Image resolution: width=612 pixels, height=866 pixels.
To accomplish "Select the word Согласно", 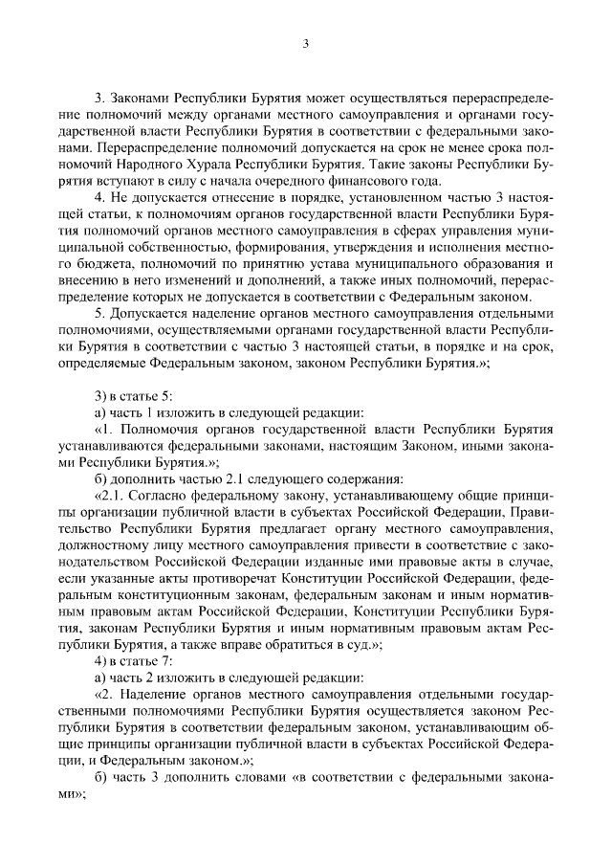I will pyautogui.click(x=154, y=498).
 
